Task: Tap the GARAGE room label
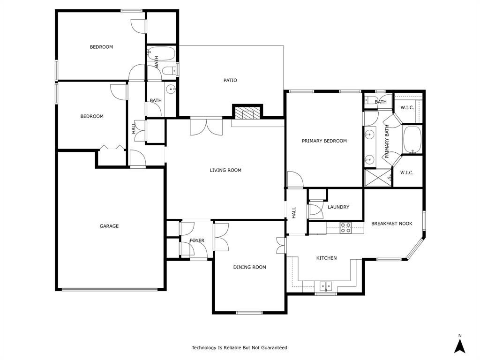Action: click(109, 226)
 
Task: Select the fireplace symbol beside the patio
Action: click(247, 113)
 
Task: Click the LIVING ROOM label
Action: click(225, 170)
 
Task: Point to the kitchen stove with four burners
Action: click(345, 228)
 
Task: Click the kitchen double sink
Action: click(325, 285)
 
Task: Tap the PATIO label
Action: click(230, 80)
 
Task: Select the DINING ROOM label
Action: click(249, 267)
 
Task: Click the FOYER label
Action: click(197, 240)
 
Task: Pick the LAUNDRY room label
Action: click(338, 207)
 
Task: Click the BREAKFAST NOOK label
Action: click(391, 224)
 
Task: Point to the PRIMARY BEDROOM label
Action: click(324, 141)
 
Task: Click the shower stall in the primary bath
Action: click(378, 178)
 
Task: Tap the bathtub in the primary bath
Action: click(412, 140)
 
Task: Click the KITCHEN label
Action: click(326, 258)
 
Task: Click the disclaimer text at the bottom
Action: click(240, 347)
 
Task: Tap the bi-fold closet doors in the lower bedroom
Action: click(112, 148)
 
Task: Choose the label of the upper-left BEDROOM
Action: click(101, 47)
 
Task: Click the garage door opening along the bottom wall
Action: click(111, 289)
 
